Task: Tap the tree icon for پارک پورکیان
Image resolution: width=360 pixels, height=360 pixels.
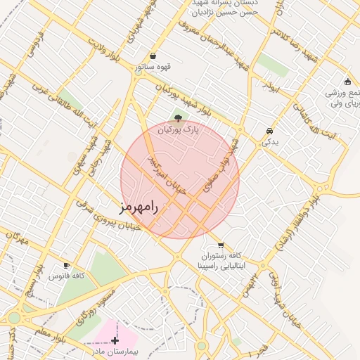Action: [178, 118]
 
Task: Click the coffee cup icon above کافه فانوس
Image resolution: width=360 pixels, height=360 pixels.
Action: [67, 265]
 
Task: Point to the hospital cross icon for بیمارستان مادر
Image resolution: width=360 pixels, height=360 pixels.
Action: [115, 340]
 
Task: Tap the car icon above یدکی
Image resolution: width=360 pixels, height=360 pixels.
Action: [270, 131]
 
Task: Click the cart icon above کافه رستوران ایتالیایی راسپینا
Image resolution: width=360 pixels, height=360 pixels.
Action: [221, 245]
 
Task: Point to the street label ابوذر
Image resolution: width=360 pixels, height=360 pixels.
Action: [273, 85]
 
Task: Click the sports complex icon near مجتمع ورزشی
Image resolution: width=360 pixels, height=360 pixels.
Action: [347, 82]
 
